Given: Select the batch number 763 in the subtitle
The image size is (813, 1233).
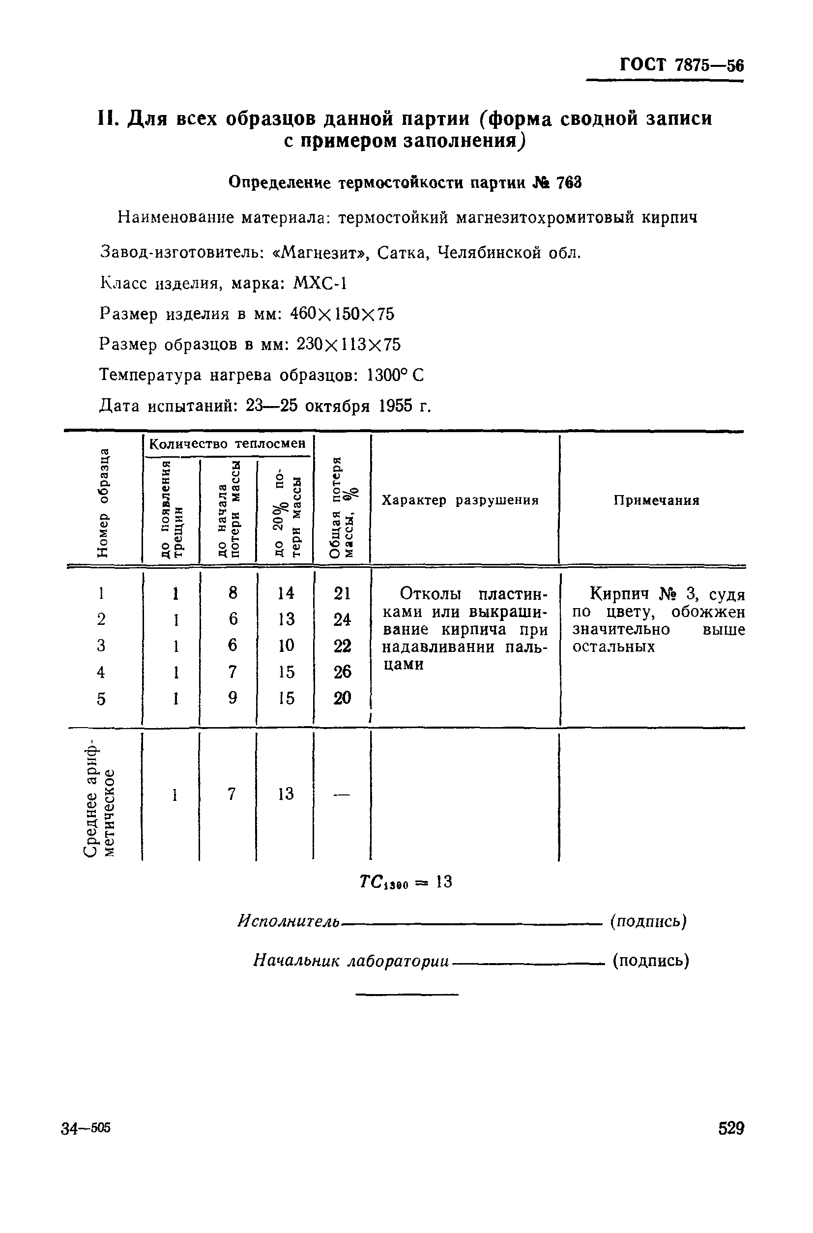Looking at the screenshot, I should (568, 182).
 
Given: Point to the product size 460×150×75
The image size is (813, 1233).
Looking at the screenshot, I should (342, 314).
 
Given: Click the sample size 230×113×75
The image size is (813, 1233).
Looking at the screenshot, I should (348, 344).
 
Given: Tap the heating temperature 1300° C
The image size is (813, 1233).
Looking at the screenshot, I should (395, 375).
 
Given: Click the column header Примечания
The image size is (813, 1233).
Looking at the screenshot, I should (656, 500).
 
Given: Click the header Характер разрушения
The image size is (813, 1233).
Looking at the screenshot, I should (460, 500).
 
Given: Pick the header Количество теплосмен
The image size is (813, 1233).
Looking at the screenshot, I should (227, 444).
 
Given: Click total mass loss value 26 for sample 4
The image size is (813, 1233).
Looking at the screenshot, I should (342, 672).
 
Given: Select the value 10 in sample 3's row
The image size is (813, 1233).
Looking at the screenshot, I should (286, 645).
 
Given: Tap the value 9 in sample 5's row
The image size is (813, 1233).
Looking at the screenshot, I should (233, 698).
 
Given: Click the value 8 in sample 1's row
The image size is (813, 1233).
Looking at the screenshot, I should (233, 592).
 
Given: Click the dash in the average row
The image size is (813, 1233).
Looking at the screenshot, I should (341, 794).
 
